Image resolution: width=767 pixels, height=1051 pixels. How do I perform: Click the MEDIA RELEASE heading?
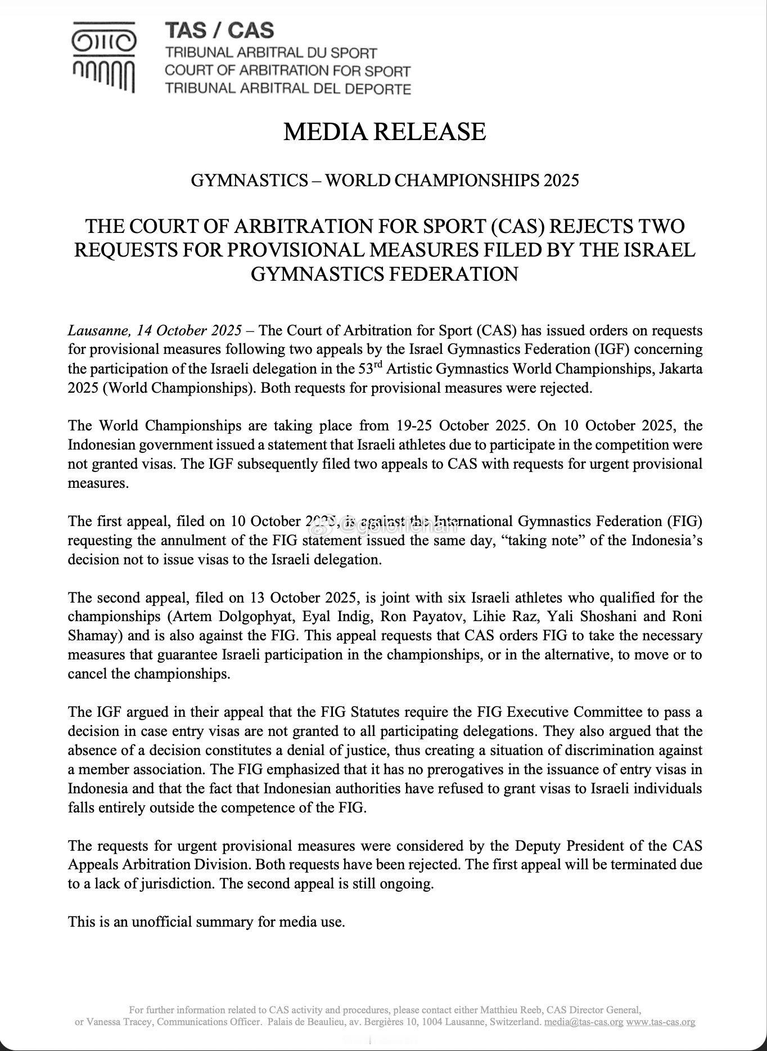coord(384,132)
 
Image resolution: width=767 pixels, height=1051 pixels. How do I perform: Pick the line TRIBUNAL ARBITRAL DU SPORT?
coord(270,53)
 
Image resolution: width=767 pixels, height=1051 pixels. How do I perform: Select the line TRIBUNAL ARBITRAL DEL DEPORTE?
coord(287,88)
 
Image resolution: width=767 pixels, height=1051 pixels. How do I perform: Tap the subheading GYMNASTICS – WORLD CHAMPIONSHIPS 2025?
coord(384,181)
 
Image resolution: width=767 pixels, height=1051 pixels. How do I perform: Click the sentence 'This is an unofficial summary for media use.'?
coord(206,922)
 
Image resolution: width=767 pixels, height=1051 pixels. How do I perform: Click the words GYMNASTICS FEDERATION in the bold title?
coord(384,274)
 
